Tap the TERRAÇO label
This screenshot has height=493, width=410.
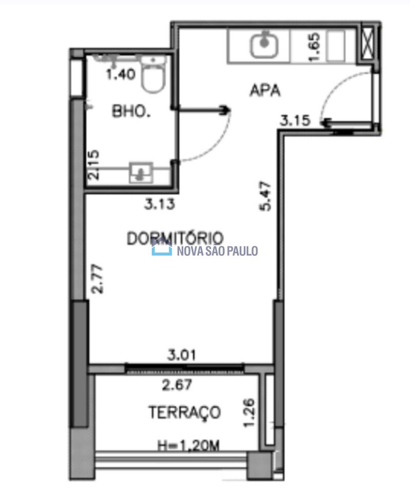coord(185,412)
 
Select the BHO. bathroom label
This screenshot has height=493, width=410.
coord(131,111)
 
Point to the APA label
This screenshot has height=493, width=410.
coord(265,90)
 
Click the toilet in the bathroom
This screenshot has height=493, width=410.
coord(153,74)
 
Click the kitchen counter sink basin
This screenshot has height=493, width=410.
coord(264,46)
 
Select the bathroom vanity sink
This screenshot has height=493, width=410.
coord(141,173)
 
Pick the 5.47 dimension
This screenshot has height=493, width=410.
coord(265,196)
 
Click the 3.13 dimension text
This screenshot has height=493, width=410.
coord(159,204)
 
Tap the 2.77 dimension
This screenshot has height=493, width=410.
coord(97,279)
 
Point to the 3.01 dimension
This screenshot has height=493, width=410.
coord(181,355)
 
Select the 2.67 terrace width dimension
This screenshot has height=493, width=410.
coord(177,385)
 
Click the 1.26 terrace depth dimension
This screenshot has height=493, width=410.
coord(249,413)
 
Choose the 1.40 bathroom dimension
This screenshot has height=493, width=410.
coord(121,74)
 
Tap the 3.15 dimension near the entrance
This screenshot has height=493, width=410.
coord(295,120)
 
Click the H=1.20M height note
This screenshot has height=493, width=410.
coord(188,445)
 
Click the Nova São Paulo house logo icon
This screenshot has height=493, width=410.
coord(162,247)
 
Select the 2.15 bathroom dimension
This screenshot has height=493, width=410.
coord(93,165)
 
